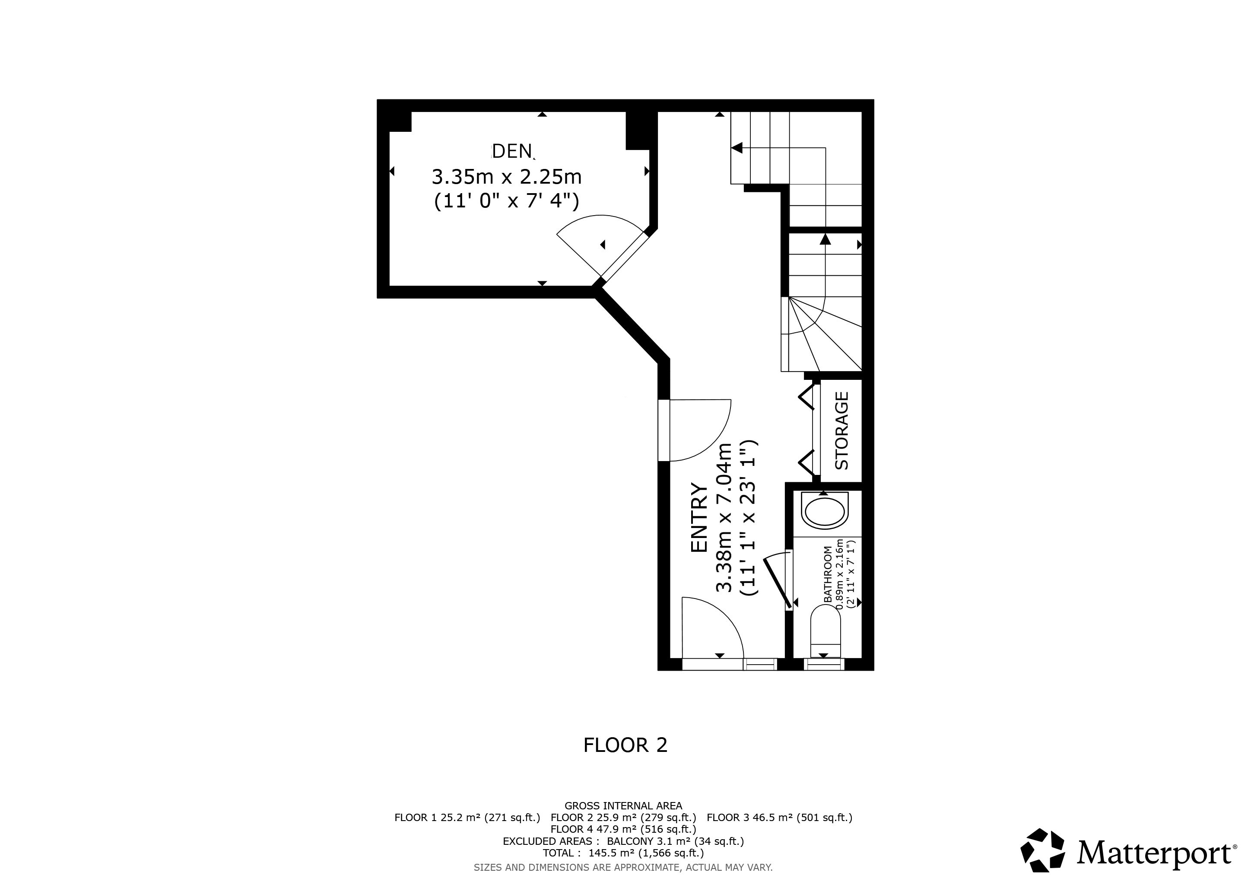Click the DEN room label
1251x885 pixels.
(512, 151)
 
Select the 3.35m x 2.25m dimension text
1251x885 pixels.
(507, 177)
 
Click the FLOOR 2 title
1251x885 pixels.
(625, 745)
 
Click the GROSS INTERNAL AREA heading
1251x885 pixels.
(623, 805)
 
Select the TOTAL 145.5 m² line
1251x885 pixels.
(623, 853)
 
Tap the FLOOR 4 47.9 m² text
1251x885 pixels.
(623, 829)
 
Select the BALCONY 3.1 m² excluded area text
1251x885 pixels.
(675, 841)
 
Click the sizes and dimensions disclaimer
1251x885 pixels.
(623, 867)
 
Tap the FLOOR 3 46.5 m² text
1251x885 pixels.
(779, 818)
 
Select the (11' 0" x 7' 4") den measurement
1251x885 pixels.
(506, 201)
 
